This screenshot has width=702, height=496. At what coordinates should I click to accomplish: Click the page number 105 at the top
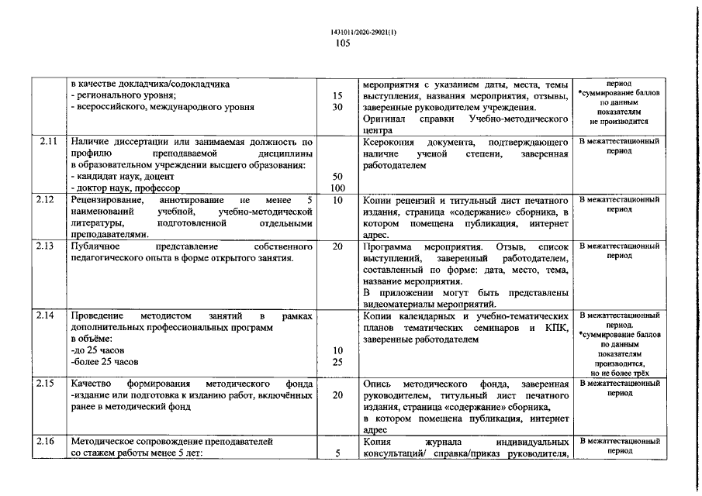343,43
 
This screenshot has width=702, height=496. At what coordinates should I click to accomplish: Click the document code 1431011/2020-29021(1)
351,32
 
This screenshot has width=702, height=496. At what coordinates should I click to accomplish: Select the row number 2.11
45,143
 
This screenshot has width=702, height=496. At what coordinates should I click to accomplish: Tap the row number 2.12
45,199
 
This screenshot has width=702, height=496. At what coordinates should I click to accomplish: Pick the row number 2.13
45,246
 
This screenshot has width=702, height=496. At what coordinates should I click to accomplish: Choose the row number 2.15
45,384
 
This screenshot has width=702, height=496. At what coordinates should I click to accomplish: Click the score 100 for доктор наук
337,188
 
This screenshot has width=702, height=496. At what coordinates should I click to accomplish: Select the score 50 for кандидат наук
337,177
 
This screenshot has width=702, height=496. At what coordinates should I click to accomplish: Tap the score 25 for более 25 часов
337,362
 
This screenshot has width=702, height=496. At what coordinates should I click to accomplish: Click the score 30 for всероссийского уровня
337,108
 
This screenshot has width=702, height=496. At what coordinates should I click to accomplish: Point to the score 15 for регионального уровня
337,96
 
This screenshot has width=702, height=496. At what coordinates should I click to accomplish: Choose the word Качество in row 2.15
92,385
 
